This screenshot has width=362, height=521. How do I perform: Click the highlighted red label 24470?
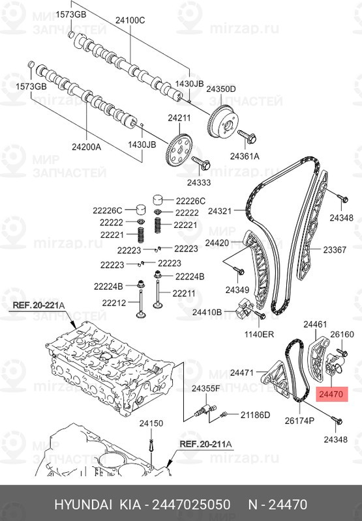(x=332, y=394)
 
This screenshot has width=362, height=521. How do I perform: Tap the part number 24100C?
(x=130, y=20)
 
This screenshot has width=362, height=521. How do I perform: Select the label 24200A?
(x=86, y=147)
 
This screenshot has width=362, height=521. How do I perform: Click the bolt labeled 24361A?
(x=247, y=136)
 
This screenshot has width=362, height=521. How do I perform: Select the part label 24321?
(x=220, y=210)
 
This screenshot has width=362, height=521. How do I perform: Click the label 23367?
(x=335, y=249)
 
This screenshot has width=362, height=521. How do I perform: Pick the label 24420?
(x=217, y=243)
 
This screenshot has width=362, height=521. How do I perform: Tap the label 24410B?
(x=207, y=313)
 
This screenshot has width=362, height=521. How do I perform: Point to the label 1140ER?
(x=259, y=334)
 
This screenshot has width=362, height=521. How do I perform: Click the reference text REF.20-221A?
(x=38, y=305)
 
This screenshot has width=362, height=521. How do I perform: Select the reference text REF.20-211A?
(x=205, y=444)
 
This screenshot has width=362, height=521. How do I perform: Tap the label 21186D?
(x=255, y=415)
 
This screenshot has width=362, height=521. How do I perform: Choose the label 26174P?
(x=299, y=421)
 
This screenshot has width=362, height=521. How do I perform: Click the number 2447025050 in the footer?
(x=191, y=504)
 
